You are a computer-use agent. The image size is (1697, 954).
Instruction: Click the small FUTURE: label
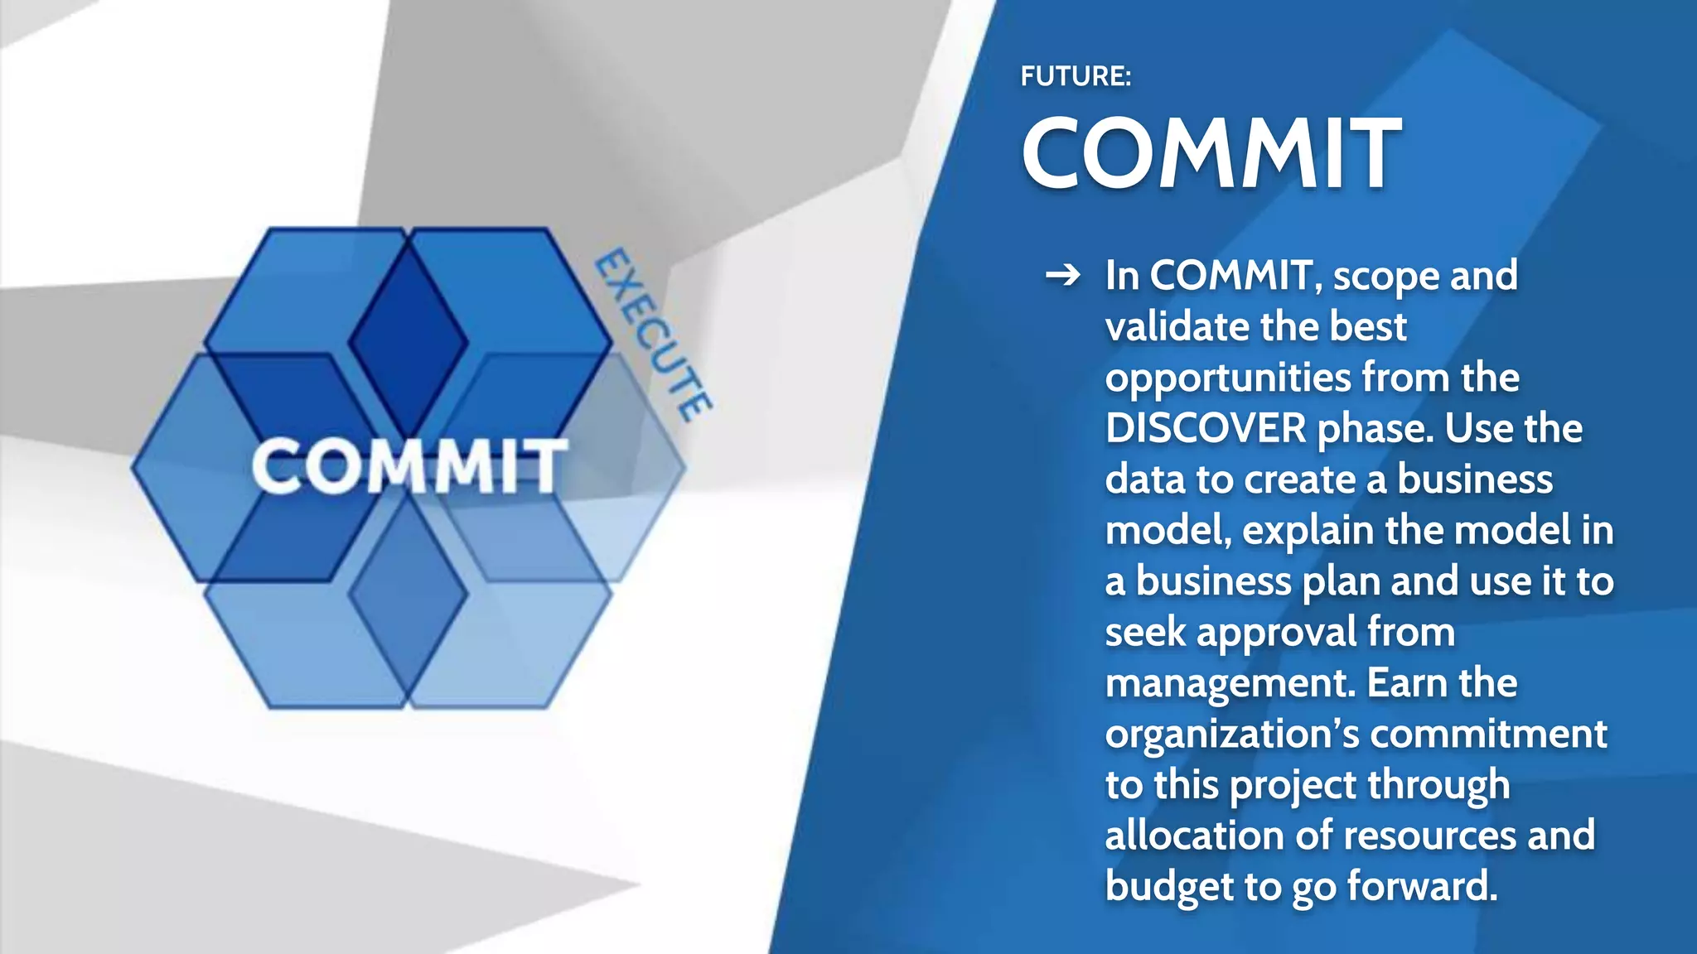coord(1076,76)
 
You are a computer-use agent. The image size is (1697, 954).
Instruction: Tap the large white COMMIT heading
coord(1211,153)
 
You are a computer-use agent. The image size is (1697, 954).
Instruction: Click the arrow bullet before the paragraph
coord(1063,275)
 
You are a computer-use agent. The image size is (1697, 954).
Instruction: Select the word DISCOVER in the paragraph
coord(1206,428)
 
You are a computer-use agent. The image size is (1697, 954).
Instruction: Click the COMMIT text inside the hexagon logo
coord(409,466)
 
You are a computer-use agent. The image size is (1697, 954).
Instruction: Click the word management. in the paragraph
coord(1230,684)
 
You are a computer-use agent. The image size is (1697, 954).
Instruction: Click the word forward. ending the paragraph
coord(1422,886)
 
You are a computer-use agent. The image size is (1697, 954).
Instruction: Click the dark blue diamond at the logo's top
coord(408,340)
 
